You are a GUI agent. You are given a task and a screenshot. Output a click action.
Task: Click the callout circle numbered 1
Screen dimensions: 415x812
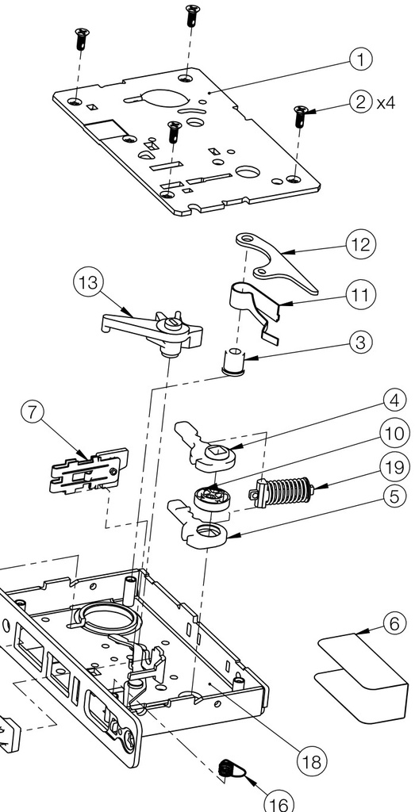click(360, 59)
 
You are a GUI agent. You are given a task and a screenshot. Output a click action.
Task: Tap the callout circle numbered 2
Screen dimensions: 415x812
click(360, 102)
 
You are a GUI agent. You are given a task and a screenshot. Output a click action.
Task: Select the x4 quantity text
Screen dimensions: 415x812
click(386, 102)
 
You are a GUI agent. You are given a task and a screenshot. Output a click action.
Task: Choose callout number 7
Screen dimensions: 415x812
click(33, 412)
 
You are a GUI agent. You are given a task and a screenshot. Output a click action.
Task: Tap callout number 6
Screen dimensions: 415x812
click(395, 623)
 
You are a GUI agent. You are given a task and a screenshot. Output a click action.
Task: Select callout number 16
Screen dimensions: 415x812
click(279, 804)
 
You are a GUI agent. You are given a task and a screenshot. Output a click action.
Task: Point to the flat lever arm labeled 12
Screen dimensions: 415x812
click(276, 262)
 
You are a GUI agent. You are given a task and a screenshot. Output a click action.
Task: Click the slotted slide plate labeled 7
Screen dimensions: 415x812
click(89, 470)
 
